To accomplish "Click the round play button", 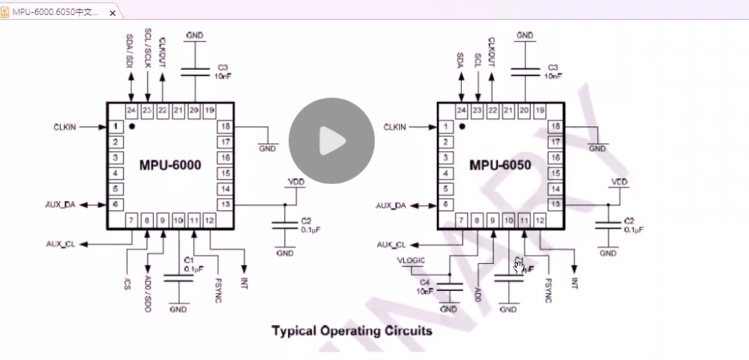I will tap(331, 140).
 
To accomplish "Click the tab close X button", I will tap(112, 13).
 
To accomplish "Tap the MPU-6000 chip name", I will tap(170, 165).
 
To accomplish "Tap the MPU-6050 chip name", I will tap(500, 165).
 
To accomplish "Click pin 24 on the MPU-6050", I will tap(461, 110).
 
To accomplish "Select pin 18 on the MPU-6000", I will tap(226, 126).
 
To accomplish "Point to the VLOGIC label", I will tap(411, 261).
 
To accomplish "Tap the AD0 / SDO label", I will tap(148, 292).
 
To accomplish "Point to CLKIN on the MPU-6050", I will tap(394, 127).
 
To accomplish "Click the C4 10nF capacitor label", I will tap(425, 287).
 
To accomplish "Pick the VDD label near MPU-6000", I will tap(294, 182).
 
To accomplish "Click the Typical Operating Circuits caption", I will tap(351, 331).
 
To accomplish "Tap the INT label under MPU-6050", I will tap(574, 282).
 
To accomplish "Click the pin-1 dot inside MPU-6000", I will tap(132, 126).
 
